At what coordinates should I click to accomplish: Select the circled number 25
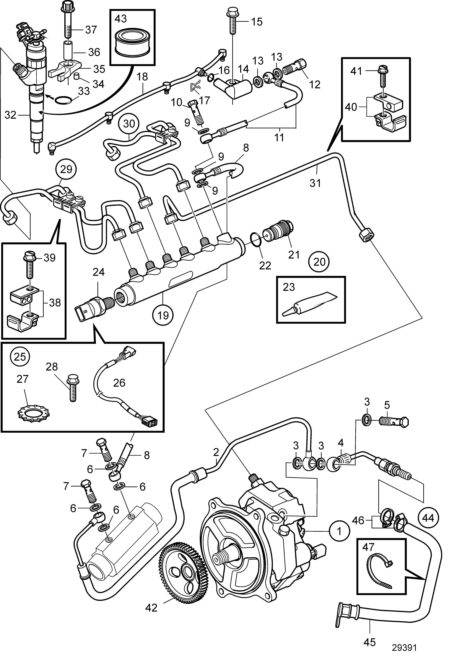(x=20, y=356)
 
